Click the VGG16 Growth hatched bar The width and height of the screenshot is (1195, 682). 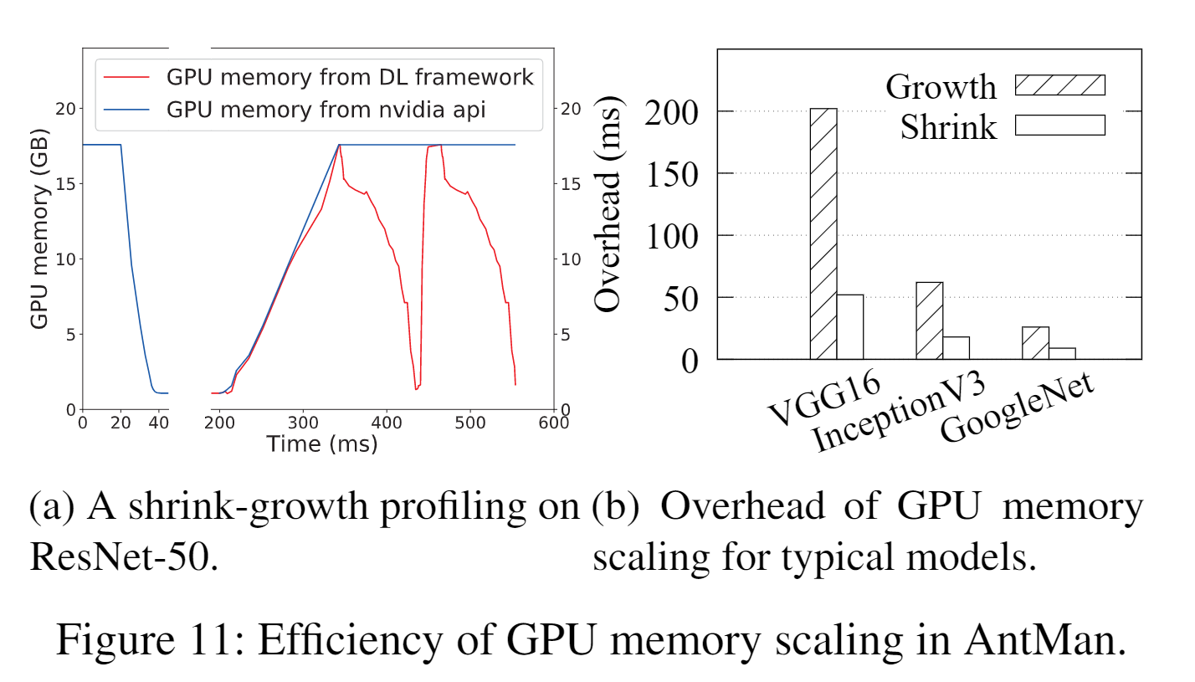click(x=823, y=234)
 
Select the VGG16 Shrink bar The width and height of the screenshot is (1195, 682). click(x=850, y=327)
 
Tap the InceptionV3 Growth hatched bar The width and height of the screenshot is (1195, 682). click(x=930, y=321)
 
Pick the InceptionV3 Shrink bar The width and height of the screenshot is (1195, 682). click(x=957, y=348)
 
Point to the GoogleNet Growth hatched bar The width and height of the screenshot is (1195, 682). click(x=1036, y=343)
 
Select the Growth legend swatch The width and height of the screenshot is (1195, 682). click(x=1060, y=85)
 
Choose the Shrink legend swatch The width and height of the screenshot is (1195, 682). click(x=1060, y=125)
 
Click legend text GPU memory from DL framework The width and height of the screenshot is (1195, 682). click(x=350, y=78)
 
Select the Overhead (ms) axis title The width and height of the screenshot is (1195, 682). click(x=609, y=206)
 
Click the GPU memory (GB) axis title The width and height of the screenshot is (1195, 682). click(x=38, y=233)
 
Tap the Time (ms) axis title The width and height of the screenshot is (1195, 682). click(x=322, y=444)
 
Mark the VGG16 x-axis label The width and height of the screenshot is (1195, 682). click(x=825, y=401)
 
